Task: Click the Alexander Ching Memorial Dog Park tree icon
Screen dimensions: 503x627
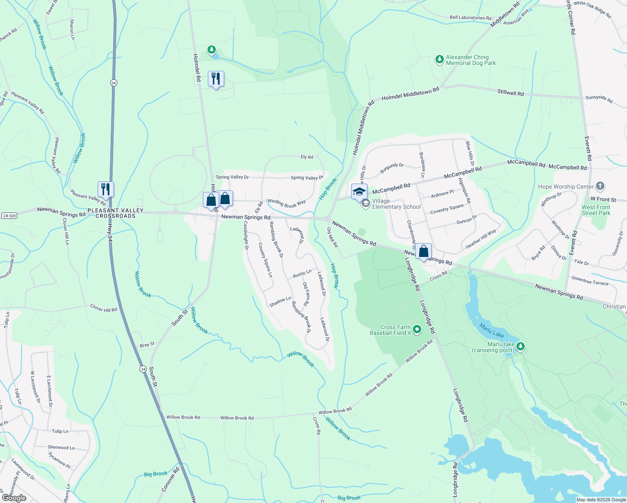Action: [439, 60]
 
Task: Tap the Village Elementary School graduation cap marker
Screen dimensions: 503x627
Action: [359, 192]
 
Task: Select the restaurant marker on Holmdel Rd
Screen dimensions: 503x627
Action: [216, 79]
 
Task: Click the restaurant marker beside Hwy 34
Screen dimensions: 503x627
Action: [106, 189]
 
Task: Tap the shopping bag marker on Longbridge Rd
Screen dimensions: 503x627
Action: [424, 252]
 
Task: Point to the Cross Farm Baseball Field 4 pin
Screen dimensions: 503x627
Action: [417, 329]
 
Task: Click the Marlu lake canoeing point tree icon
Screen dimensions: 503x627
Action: [521, 347]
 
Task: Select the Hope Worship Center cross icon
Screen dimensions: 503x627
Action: [600, 186]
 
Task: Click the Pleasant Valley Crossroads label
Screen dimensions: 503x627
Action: [116, 213]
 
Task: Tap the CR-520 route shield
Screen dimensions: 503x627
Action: [9, 216]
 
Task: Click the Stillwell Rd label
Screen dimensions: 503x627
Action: [510, 93]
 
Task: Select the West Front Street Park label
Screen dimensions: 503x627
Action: [596, 210]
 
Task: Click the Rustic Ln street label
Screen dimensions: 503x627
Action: [302, 274]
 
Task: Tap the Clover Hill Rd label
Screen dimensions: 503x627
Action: [104, 309]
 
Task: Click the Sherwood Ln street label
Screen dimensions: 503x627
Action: [61, 448]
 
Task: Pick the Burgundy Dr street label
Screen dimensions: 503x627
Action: [392, 168]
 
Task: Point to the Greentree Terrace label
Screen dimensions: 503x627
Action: [590, 280]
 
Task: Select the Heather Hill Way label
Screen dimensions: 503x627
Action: [481, 239]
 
